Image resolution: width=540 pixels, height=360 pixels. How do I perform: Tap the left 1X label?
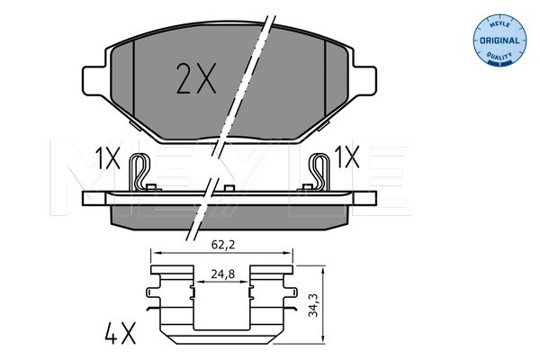coord(107,158)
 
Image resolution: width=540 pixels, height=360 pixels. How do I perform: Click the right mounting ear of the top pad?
coord(364,78)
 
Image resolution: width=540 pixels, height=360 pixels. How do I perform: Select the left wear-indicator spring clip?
coord(140,172)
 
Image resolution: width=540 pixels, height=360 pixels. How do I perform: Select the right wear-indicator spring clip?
coord(318,172)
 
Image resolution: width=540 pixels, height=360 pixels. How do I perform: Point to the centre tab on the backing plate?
coord(229,187)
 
